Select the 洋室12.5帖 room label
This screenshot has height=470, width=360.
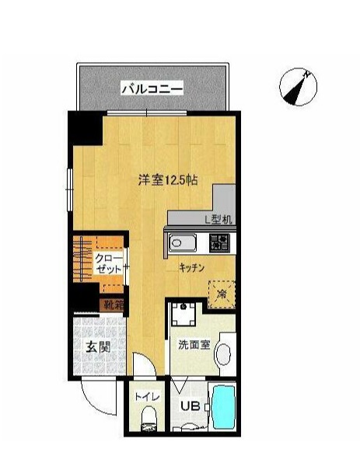coord(167,180)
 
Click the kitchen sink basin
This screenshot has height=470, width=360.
coord(182,244)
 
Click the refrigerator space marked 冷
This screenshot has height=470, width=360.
coord(221,294)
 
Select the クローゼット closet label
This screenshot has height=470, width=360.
coord(108,263)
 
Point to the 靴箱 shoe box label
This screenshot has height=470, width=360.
coord(114,305)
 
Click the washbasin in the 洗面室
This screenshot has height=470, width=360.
coord(225,353)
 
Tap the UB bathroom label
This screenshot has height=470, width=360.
coord(189,406)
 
